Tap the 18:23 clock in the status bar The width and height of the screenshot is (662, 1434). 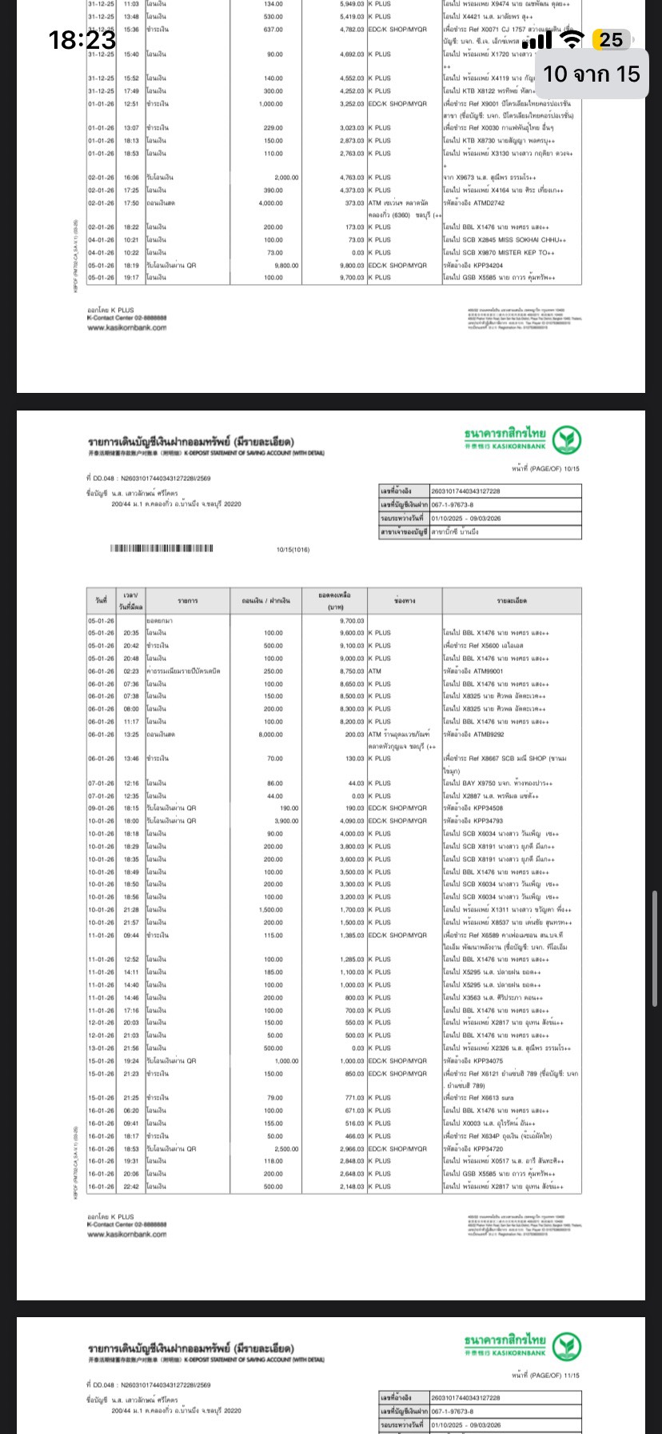coord(82,39)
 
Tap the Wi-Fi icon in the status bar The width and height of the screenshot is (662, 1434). coord(571,40)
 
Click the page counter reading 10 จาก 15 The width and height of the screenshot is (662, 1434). coord(592,74)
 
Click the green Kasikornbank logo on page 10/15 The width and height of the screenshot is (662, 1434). coord(566,439)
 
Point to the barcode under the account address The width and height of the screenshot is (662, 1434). coord(160,549)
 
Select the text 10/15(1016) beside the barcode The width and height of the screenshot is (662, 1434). coord(293,550)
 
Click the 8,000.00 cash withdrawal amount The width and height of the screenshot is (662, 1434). coord(270,735)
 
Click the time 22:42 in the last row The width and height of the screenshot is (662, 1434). coord(131,1187)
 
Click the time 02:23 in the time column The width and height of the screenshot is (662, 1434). coord(131,671)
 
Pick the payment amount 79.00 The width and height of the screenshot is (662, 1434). coord(274,1098)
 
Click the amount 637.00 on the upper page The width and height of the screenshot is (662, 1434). coord(273,30)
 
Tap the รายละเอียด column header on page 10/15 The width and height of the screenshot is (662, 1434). coord(512,600)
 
